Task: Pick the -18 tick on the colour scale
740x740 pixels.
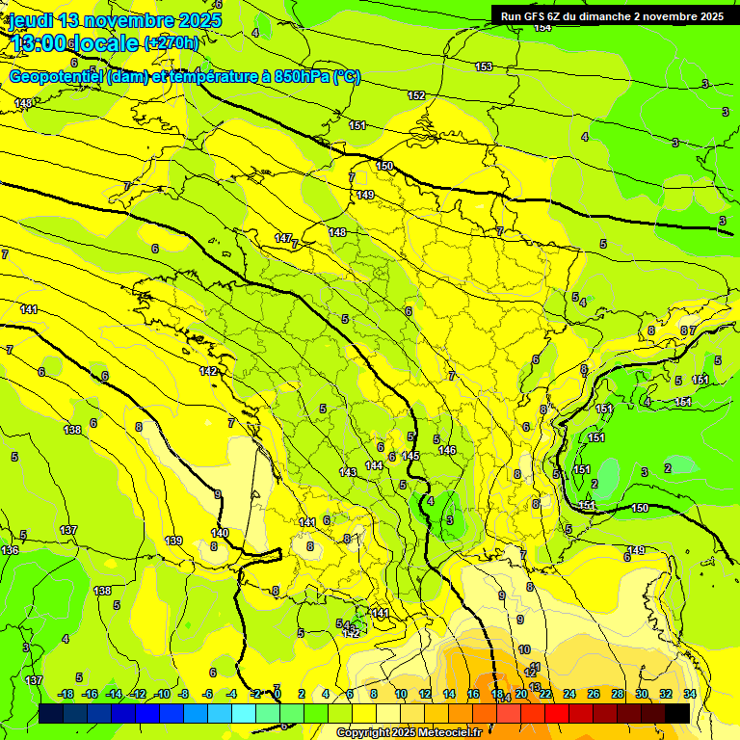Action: coord(66,694)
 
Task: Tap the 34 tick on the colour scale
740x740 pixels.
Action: coord(690,694)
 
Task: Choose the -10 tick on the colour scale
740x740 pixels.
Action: coord(163,694)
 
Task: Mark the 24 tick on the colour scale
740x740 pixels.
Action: coord(569,694)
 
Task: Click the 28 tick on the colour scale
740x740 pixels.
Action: coord(618,694)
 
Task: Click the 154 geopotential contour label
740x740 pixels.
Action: coord(542,27)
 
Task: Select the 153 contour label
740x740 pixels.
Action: coord(484,66)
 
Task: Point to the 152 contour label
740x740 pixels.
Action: coord(416,95)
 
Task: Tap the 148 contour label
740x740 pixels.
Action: coord(337,232)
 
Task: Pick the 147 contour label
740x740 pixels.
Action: coord(283,238)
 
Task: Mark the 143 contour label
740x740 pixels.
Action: coord(348,472)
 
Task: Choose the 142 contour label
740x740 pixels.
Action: coord(208,371)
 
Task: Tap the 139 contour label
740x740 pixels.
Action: coord(173,541)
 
